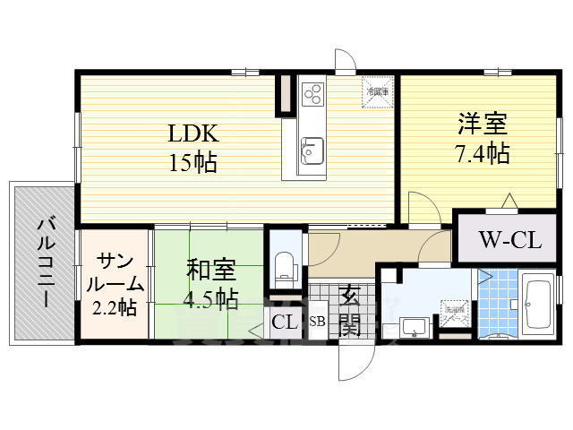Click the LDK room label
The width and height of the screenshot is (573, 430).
[193, 134]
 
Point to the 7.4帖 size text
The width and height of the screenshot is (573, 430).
[478, 154]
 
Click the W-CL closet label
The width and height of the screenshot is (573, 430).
[507, 239]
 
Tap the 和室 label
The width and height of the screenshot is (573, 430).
[211, 268]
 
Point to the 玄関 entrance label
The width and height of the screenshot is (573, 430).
[349, 309]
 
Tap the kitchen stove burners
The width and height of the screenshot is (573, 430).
[313, 93]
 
